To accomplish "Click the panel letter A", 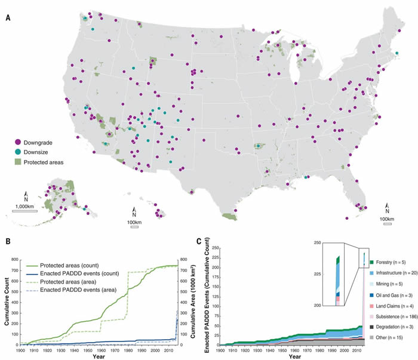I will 8,18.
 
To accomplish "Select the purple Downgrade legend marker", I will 18,142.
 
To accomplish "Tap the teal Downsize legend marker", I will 18,152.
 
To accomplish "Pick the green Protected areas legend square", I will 18,161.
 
